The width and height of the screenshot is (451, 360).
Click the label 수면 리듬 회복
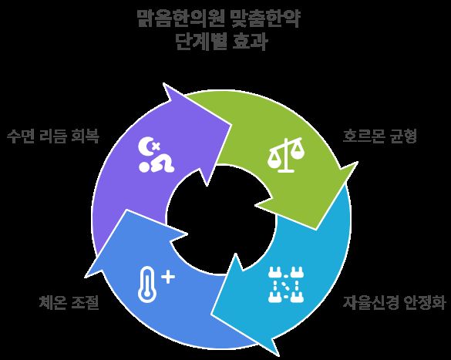click(x=53, y=136)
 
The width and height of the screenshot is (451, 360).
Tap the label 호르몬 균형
click(x=379, y=136)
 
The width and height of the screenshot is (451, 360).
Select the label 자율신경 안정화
click(x=395, y=302)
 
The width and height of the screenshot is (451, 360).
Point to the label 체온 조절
click(x=69, y=302)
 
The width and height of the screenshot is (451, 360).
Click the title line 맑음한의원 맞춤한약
click(x=219, y=19)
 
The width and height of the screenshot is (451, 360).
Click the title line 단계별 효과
click(x=221, y=42)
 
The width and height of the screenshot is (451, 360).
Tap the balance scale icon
click(x=286, y=155)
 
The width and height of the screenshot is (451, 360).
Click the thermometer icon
click(x=146, y=284)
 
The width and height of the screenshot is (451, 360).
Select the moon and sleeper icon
click(x=156, y=155)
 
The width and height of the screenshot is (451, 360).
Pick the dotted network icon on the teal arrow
click(x=286, y=284)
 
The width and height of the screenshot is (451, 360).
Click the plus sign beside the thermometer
click(x=168, y=278)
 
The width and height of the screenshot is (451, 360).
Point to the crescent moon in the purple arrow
click(x=145, y=146)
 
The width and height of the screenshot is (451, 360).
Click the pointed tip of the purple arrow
click(x=232, y=125)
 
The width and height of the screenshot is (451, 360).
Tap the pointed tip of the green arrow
click(x=316, y=230)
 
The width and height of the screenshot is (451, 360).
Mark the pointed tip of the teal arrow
click(x=211, y=314)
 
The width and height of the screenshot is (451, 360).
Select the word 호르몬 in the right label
click(x=364, y=136)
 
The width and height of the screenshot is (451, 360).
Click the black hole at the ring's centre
click(x=221, y=220)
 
